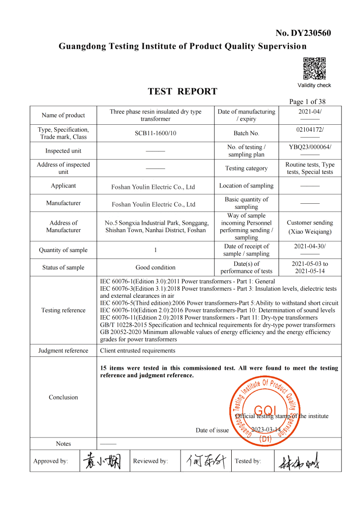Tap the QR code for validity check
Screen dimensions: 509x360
(x=314, y=69)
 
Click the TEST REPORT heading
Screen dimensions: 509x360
(x=182, y=91)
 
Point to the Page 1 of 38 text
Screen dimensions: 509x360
(x=307, y=102)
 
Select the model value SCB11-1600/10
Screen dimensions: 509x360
(x=155, y=133)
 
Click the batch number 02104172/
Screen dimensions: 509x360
(x=310, y=130)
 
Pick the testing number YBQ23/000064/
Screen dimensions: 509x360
(x=310, y=147)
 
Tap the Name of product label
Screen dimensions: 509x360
(x=63, y=115)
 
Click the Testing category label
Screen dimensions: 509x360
(x=246, y=169)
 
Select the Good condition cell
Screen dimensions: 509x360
(x=155, y=267)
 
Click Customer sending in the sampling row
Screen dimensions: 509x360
(x=310, y=223)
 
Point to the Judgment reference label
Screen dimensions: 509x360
(x=63, y=351)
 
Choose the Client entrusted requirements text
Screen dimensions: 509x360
(x=138, y=351)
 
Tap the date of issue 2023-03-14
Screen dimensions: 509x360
(x=266, y=430)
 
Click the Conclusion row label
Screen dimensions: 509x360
(x=63, y=398)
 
